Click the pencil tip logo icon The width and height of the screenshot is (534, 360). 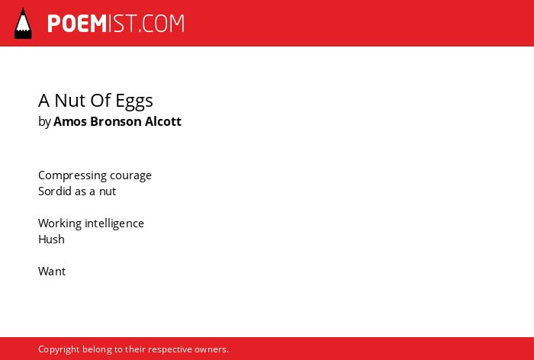point(23,24)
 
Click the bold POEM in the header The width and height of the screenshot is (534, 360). point(77,24)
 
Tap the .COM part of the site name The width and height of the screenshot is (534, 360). point(162,24)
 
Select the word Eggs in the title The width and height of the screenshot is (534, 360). point(134,101)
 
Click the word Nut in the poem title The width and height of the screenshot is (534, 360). point(72,101)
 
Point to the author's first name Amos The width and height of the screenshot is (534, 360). point(70,121)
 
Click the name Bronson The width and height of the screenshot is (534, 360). point(116,121)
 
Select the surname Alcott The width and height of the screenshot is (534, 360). point(163,121)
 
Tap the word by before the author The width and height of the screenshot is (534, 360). point(44,122)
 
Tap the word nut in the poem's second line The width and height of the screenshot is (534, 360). point(108,191)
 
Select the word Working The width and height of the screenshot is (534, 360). point(60,223)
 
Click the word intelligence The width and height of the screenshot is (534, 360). point(114,223)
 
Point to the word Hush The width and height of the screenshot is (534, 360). point(51,239)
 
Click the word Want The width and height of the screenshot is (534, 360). point(52,272)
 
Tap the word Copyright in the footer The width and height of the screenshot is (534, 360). point(59,349)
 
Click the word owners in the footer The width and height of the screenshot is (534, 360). point(211,350)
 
